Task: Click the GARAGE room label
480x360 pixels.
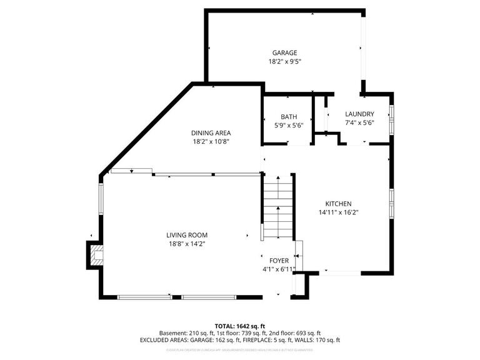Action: click(284, 52)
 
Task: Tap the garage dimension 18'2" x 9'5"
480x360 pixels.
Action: click(284, 62)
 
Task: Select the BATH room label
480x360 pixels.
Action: click(289, 117)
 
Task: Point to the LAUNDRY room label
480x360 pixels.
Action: click(359, 114)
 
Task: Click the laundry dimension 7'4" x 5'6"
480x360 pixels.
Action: click(359, 123)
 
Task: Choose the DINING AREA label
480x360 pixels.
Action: click(211, 132)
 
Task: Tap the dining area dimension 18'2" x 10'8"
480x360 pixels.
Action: click(211, 142)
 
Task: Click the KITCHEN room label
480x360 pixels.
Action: click(338, 204)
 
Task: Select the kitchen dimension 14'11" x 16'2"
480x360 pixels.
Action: click(338, 213)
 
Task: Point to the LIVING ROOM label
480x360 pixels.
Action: click(186, 235)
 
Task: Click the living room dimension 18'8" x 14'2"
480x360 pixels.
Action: click(186, 244)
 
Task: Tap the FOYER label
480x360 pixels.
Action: click(278, 260)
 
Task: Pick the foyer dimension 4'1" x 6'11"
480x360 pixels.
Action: click(278, 269)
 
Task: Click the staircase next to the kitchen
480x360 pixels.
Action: click(277, 206)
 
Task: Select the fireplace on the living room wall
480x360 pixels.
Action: click(96, 255)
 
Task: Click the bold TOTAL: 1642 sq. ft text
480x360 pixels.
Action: click(240, 326)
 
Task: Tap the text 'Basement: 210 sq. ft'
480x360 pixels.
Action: click(188, 333)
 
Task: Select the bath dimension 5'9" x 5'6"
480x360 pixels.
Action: click(289, 126)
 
